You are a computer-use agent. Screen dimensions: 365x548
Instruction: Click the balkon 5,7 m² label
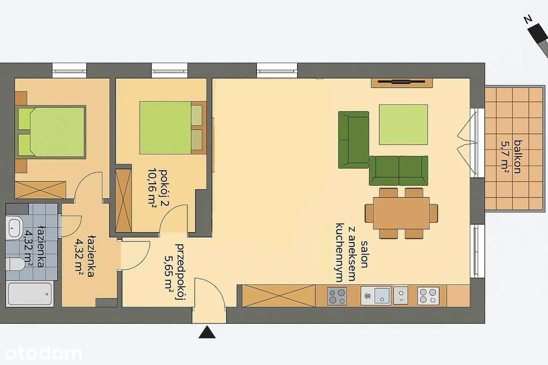coord(510,156)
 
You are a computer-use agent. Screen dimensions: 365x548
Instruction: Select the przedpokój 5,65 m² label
coord(174,273)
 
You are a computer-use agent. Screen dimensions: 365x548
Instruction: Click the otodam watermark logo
coord(43,353)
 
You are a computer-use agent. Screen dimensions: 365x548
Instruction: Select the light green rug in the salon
coord(403,125)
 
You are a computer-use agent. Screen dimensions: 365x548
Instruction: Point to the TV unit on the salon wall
coord(401,82)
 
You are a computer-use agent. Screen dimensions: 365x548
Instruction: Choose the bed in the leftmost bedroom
coord(51,132)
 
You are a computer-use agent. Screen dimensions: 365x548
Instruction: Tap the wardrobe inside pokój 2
coord(124,200)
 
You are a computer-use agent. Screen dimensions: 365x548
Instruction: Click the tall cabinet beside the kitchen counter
coord(278,296)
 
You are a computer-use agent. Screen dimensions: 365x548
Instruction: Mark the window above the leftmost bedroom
coord(70,70)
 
